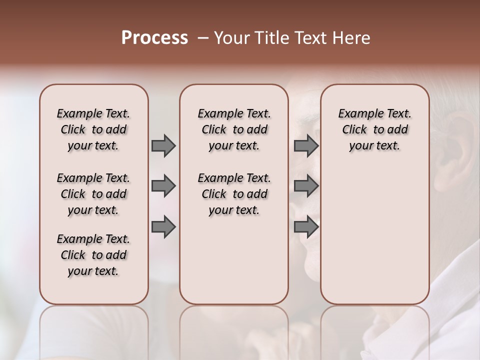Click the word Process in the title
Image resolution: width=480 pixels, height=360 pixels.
click(x=154, y=38)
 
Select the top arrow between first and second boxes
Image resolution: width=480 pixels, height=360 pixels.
click(x=163, y=145)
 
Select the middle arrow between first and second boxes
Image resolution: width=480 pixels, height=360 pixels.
click(x=163, y=186)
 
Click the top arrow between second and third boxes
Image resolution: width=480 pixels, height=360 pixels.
click(x=306, y=145)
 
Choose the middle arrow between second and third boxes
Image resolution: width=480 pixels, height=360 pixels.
click(x=306, y=186)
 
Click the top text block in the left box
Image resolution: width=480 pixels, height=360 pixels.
click(x=93, y=129)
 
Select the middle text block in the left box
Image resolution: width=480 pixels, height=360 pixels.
click(x=93, y=194)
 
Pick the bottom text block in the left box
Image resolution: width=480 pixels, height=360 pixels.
click(x=93, y=255)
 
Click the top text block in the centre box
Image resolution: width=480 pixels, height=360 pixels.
click(x=234, y=129)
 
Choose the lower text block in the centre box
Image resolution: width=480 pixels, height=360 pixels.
click(x=234, y=194)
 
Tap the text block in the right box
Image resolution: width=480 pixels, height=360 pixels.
click(x=374, y=129)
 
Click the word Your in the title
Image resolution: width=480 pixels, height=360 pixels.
click(x=231, y=38)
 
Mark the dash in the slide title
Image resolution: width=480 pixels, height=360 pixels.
click(x=202, y=38)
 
